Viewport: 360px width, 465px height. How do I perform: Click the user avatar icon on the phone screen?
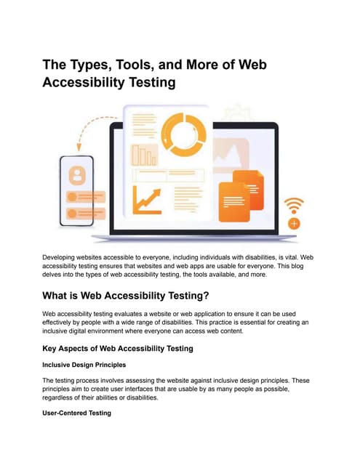(76, 175)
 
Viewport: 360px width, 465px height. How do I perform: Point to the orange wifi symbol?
(294, 204)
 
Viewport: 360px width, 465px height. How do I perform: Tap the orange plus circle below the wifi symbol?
(294, 223)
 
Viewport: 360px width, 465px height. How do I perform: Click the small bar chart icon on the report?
(143, 155)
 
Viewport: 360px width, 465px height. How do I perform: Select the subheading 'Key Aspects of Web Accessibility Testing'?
(118, 348)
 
